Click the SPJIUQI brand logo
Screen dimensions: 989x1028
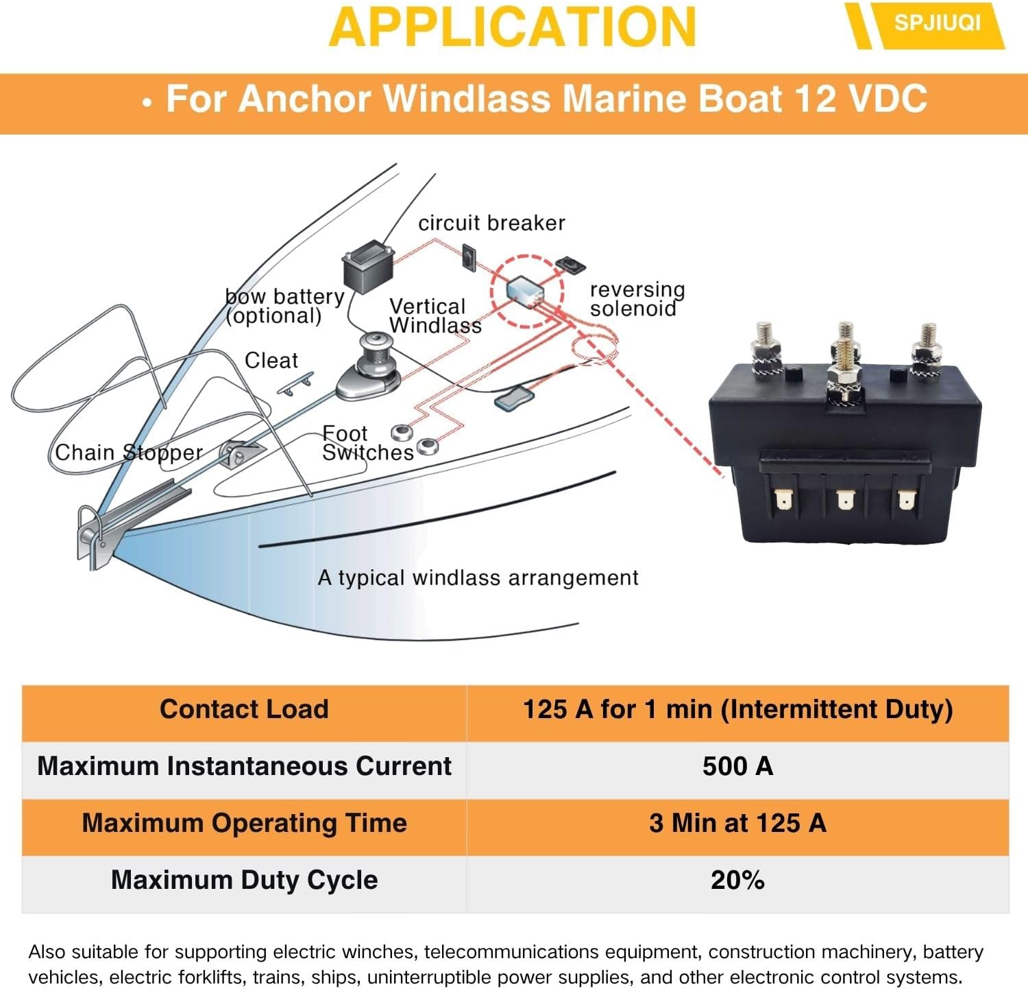coord(936,24)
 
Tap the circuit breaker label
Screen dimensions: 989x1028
coord(491,223)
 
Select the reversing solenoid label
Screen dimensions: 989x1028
coord(637,299)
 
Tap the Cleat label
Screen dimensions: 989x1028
coord(271,360)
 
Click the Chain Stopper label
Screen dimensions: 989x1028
coord(129,453)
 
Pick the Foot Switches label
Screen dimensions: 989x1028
coord(367,443)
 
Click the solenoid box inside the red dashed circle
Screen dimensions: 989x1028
coord(526,290)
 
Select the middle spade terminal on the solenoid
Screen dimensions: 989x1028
coord(845,499)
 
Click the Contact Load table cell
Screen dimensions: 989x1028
coord(244,709)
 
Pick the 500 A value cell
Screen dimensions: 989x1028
coord(737,766)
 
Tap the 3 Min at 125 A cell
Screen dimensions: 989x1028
coord(737,823)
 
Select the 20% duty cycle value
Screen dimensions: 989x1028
coord(737,880)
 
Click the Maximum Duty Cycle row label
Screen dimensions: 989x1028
coord(244,880)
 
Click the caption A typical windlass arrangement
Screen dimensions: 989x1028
coord(478,577)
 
